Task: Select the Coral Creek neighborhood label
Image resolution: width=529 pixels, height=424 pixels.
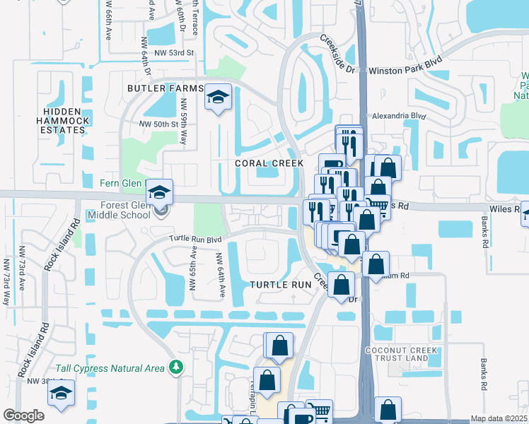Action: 269,163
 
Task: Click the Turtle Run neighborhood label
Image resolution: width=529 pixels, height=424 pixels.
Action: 281,284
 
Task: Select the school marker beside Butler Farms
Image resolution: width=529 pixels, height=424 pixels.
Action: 219,97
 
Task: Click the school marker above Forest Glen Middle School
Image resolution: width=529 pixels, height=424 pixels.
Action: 160,191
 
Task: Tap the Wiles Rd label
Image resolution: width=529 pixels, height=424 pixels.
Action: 508,208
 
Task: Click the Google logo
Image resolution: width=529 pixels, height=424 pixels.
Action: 23,416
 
